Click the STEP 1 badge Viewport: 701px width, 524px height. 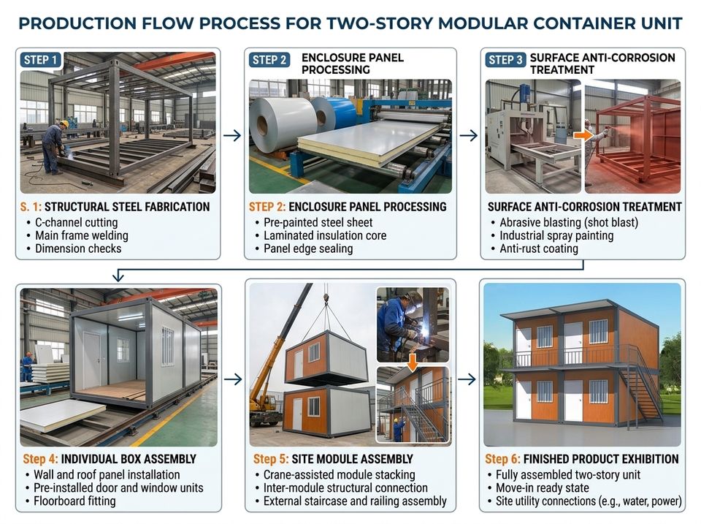pyautogui.click(x=41, y=60)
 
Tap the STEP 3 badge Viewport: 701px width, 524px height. pyautogui.click(x=505, y=60)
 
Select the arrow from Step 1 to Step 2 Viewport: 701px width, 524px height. pyautogui.click(x=232, y=135)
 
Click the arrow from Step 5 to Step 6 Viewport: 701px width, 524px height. pyautogui.click(x=467, y=379)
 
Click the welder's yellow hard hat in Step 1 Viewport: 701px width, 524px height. pyautogui.click(x=64, y=124)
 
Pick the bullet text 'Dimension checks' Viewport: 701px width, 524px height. pyautogui.click(x=78, y=248)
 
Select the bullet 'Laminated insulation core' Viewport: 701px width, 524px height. pyautogui.click(x=325, y=236)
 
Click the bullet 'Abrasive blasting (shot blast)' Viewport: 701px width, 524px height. pyautogui.click(x=569, y=222)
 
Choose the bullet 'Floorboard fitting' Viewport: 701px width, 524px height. pyautogui.click(x=74, y=501)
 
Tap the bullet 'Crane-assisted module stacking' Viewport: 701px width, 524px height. pyautogui.click(x=340, y=474)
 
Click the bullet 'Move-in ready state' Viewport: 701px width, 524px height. pyautogui.click(x=543, y=487)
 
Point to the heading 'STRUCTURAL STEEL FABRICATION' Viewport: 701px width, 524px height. pyautogui.click(x=127, y=207)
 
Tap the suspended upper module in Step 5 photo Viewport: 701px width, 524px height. pyautogui.click(x=327, y=357)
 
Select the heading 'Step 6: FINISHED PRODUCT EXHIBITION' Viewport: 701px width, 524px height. pyautogui.click(x=582, y=459)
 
